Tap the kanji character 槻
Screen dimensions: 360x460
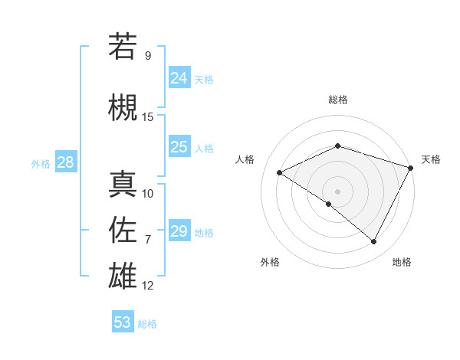click(x=123, y=106)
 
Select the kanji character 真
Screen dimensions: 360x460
click(x=123, y=184)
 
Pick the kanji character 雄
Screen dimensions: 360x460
click(x=123, y=275)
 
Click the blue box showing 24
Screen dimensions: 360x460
click(x=179, y=77)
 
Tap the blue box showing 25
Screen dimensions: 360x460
click(x=179, y=147)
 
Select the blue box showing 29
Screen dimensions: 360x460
click(x=179, y=231)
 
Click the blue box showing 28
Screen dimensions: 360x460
click(x=65, y=162)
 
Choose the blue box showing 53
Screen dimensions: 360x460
click(x=123, y=322)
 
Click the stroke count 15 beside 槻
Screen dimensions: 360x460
click(x=148, y=117)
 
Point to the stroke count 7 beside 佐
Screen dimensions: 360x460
click(x=148, y=240)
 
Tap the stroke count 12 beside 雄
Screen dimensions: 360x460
click(x=148, y=286)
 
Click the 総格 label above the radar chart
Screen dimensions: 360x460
click(x=337, y=100)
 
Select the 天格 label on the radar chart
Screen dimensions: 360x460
click(x=431, y=159)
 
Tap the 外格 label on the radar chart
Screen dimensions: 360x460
click(x=270, y=262)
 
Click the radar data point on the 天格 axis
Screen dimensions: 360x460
click(x=411, y=167)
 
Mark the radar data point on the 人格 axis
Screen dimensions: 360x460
click(x=280, y=172)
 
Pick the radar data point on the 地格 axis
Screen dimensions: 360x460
click(x=374, y=242)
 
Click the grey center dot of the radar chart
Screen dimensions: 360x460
click(x=337, y=191)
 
